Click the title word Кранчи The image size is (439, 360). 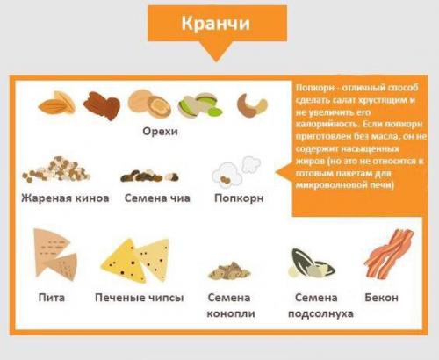click(217, 24)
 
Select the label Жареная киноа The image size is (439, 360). click(65, 198)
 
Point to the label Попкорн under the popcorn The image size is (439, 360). click(239, 198)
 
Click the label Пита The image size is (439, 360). click(52, 298)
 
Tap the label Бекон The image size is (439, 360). click(381, 298)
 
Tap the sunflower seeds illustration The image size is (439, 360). click(312, 263)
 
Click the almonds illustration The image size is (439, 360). click(56, 104)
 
